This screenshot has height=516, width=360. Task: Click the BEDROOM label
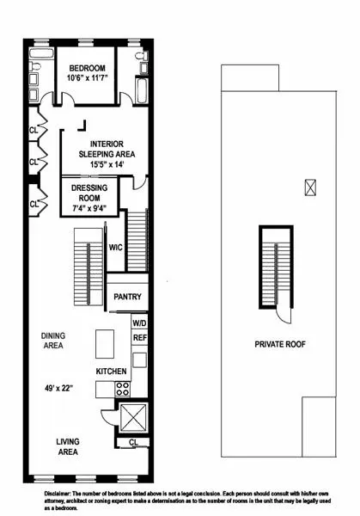pos(87,68)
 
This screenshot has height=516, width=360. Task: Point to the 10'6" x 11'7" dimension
pos(87,79)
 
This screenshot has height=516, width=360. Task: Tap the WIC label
pos(116,248)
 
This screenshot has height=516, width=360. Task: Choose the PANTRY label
pos(127,297)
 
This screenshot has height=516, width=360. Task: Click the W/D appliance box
pos(139,322)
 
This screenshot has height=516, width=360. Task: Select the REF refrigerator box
pos(139,339)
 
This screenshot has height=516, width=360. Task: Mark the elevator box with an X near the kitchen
pos(134,420)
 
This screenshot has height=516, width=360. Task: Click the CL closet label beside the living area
pos(133,443)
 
